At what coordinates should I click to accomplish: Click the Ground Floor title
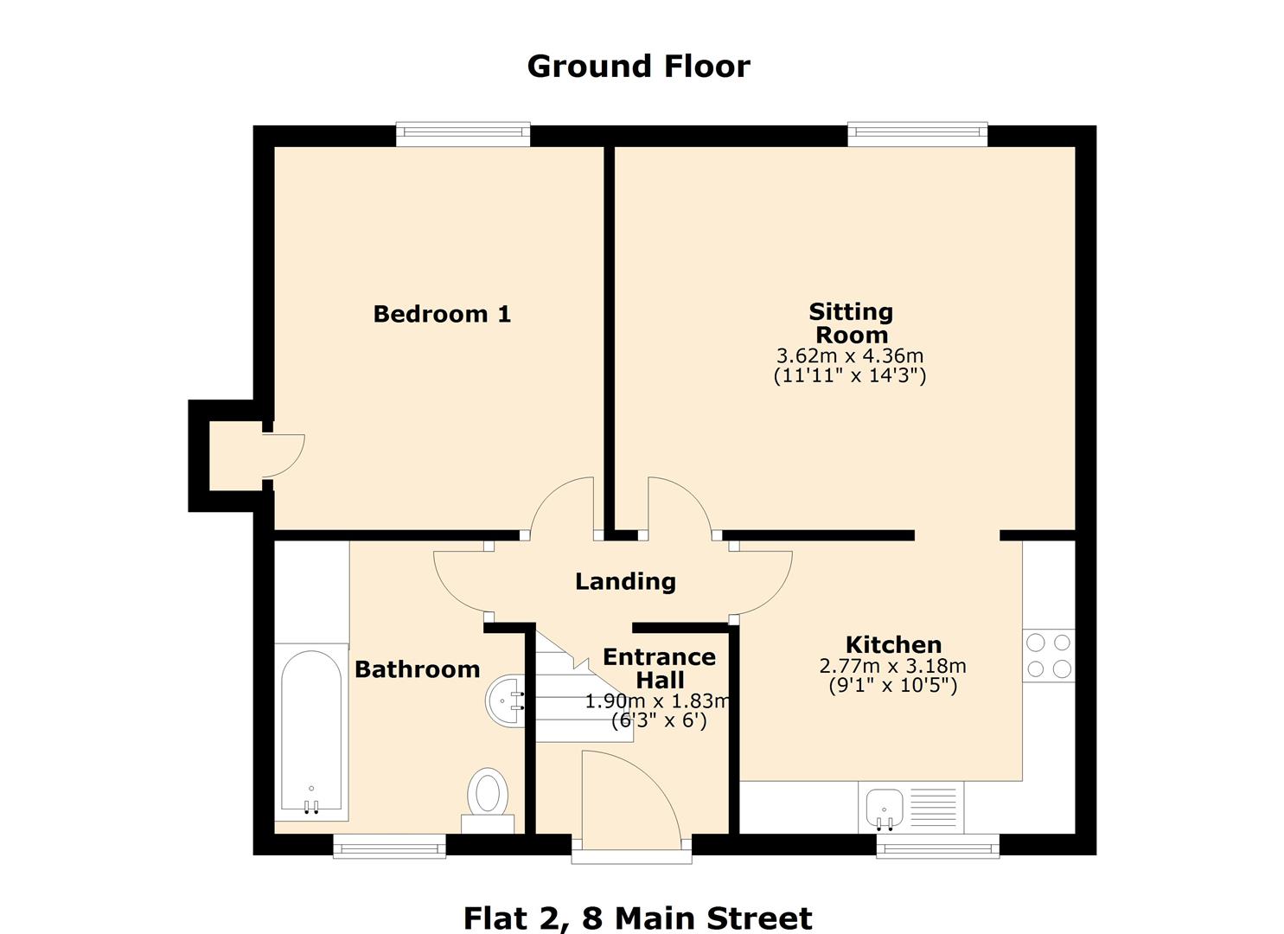pos(638,67)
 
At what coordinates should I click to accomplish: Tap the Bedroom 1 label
pos(442,314)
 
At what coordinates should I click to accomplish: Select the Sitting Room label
pos(851,323)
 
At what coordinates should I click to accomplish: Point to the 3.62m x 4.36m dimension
pos(850,355)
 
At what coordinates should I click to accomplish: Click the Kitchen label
pos(893,644)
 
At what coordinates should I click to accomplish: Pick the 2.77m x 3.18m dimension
pos(892,666)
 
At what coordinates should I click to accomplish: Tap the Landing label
pos(625,581)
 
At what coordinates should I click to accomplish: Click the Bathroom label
pos(417,669)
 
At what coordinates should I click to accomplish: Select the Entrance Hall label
pos(659,668)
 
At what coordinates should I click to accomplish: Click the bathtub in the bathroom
pos(311,731)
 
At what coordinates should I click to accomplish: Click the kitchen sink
pos(885,807)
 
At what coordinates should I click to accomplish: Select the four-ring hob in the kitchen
pos(1049,656)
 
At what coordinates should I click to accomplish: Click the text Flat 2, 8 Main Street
pos(637,918)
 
